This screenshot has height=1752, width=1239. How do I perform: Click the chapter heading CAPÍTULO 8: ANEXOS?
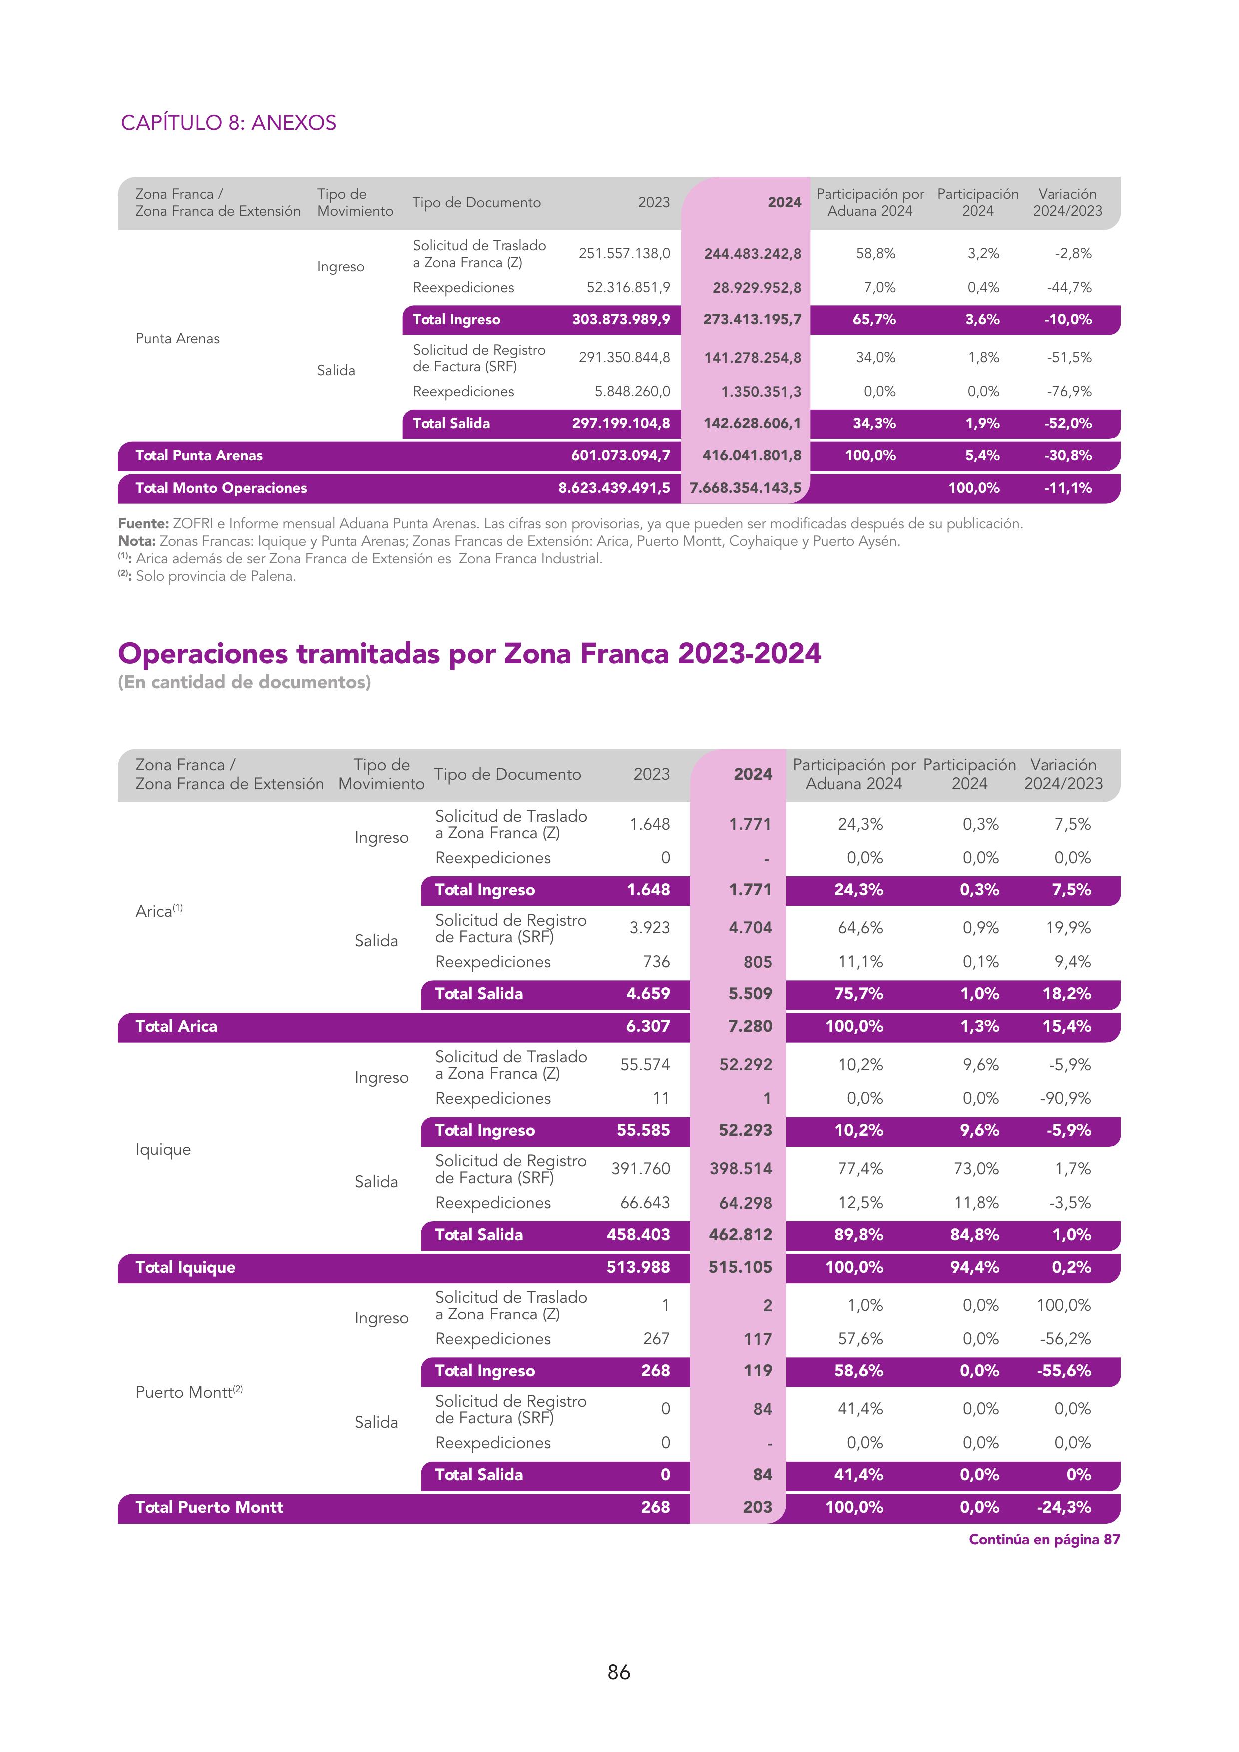pos(228,123)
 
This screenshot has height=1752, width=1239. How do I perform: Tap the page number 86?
pos(619,1672)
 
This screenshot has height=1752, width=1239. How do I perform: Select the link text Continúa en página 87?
pos(1044,1539)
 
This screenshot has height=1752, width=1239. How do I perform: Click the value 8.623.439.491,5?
pos(614,488)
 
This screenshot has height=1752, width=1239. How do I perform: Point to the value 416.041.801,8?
pos(752,455)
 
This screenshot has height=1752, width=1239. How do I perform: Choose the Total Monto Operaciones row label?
pos(221,488)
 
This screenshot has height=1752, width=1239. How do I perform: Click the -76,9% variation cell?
pos(1068,392)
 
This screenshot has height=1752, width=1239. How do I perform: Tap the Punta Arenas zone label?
pos(177,338)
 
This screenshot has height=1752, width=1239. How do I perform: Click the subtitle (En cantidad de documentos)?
pos(244,682)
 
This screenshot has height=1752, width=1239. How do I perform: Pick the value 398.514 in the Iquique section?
pos(740,1168)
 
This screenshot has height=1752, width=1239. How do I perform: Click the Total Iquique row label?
pos(185,1267)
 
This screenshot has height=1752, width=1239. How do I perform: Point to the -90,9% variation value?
pos(1065,1098)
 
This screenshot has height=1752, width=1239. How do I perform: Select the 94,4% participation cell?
pos(974,1267)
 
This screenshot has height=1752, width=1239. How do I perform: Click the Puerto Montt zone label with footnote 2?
pos(188,1392)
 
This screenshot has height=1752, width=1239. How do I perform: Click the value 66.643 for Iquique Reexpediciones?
pos(645,1203)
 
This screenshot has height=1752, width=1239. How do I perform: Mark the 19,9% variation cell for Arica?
pos(1068,928)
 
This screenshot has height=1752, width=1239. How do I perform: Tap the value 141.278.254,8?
pos(752,357)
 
